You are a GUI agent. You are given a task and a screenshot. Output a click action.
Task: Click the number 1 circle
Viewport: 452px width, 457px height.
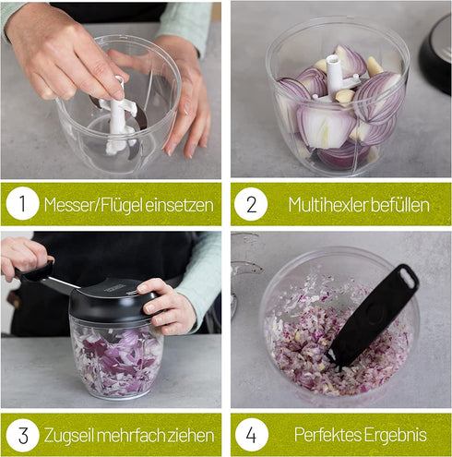(22, 204)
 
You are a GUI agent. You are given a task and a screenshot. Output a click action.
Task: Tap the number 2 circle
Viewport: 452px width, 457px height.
(251, 204)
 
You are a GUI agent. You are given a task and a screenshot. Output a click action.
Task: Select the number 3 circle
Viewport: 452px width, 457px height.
(22, 434)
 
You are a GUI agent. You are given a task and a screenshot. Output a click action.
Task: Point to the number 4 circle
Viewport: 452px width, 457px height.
(251, 434)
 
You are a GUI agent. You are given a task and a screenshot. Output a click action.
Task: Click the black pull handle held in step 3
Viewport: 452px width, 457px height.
(37, 271)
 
